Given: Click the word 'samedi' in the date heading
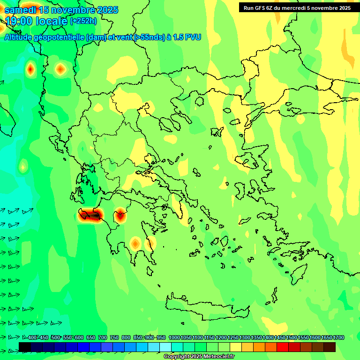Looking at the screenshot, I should coord(20,10).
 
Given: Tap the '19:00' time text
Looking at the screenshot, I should coord(20,21).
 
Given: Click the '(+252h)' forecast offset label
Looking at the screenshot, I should coord(83,21).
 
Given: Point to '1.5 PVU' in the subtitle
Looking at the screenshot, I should coord(187,37).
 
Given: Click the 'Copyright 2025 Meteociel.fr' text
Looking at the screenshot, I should coord(199,357).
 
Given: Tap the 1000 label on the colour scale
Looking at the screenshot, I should coord(174,337).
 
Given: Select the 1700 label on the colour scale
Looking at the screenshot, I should coord(338,337).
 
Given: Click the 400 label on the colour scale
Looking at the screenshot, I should coord(32,337).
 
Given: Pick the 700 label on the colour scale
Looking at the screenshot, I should coord(103,337).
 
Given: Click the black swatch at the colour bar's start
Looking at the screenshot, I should coord(25,347).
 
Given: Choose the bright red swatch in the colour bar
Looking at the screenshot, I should coord(283,347).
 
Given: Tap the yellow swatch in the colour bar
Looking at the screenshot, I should coord(236,347).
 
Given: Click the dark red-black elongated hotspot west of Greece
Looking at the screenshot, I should coord(90,215).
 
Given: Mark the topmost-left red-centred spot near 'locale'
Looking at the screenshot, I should coord(30,69).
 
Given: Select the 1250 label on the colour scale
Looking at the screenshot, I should coord(233,337).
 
